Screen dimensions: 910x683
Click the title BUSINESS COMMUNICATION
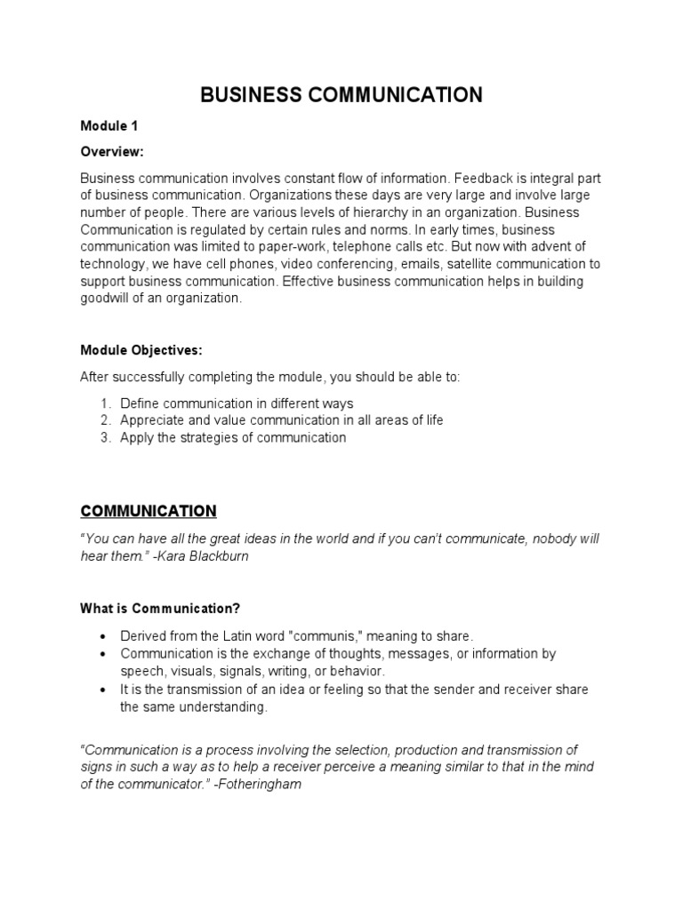(x=341, y=96)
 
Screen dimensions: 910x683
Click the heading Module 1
(x=108, y=126)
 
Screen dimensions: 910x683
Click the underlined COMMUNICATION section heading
(x=149, y=511)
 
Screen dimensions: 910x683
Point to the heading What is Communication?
(x=160, y=609)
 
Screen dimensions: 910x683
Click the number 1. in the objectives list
(x=105, y=403)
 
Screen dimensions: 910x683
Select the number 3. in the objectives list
(x=105, y=437)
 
